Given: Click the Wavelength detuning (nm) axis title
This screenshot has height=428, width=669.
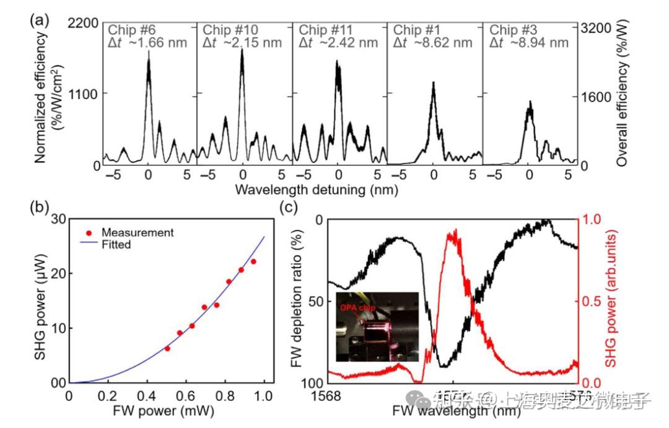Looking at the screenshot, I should point(316,190).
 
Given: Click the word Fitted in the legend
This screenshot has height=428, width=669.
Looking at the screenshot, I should point(116,245).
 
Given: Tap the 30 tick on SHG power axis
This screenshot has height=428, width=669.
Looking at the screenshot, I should point(59,219).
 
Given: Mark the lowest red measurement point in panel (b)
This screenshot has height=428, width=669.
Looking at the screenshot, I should point(167,349).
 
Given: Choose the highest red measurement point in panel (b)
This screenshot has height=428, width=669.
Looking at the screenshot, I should point(253,261).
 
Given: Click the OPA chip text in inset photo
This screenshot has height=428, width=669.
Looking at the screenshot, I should point(358,307).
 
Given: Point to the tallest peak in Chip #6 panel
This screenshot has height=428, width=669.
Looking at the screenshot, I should point(148,53).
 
